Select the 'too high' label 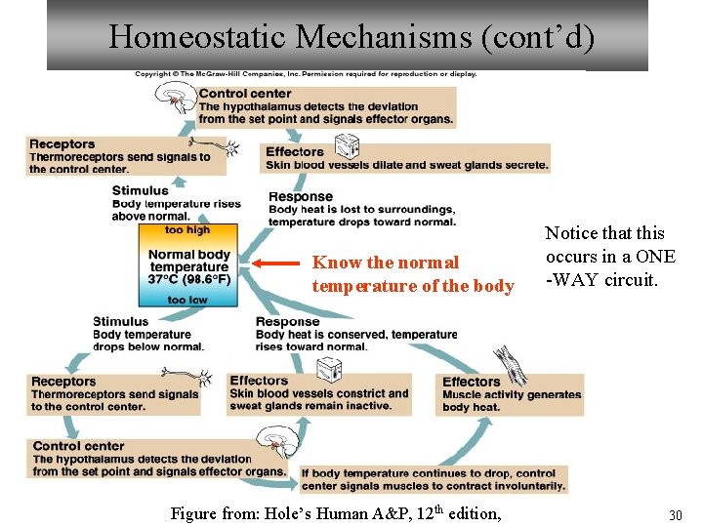click(187, 230)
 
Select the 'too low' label click(187, 300)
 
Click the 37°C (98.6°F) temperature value click(189, 279)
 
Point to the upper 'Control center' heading click(245, 94)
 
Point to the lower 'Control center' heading click(78, 446)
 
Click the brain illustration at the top click(176, 98)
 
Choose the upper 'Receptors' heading click(62, 144)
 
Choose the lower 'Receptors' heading click(63, 382)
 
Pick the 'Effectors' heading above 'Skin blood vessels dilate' click(294, 151)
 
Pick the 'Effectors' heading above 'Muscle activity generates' click(472, 382)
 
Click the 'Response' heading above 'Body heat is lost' click(302, 197)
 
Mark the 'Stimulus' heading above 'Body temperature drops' click(121, 321)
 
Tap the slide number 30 click(674, 514)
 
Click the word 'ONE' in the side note click(653, 257)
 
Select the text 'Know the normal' click(385, 263)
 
